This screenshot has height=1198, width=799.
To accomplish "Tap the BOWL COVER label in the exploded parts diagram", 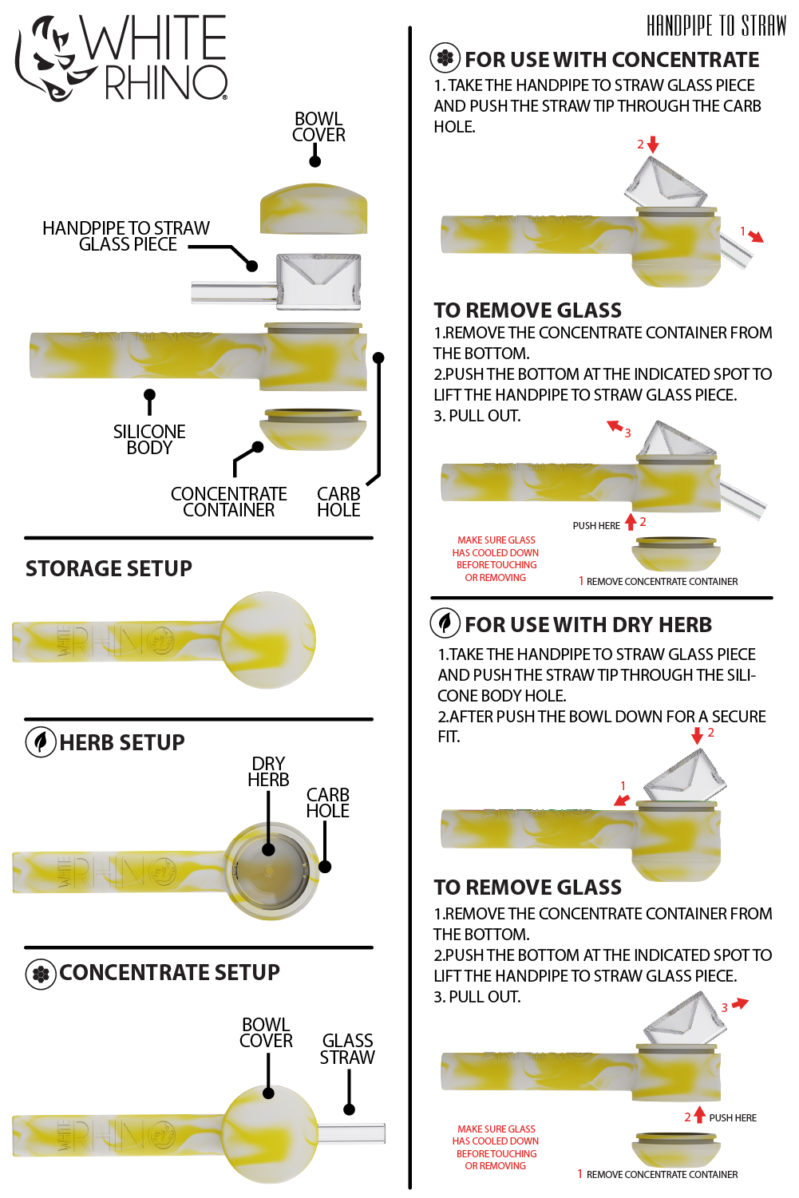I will pos(318,127).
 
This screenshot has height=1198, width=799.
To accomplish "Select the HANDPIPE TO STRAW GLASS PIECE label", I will pos(126,236).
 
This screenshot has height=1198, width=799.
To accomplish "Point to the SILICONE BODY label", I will pos(149,440).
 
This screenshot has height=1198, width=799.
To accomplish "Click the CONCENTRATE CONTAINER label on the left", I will pos(228,502).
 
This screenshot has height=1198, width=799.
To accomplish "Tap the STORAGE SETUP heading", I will pos(109,568).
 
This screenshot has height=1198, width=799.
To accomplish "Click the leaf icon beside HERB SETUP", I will pos(41,741).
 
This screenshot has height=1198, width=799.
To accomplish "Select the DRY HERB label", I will pos(268,772).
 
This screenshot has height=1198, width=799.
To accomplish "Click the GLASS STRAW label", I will pos(347,1049).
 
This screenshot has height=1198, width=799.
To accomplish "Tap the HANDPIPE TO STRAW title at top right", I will pos(716,26).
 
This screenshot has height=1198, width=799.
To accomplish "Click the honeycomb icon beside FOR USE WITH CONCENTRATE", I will pos(445,58).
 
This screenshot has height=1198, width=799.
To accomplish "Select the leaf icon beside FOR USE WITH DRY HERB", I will pos(445,623).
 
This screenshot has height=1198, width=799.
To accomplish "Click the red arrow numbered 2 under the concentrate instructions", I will pos(653,144).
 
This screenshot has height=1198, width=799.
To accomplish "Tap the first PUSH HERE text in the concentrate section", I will pos(595,526).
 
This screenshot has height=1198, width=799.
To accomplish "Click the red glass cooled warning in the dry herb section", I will pos(496,1148).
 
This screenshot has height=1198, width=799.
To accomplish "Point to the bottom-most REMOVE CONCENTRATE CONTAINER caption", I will pos(662,1175).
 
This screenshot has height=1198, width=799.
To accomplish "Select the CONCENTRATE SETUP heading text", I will pos(169,972).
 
